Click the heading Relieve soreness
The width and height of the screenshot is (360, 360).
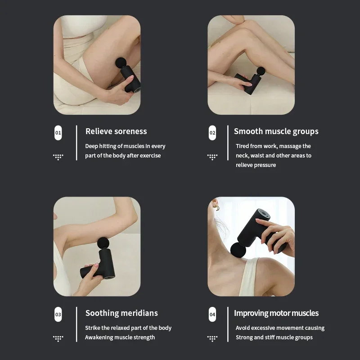(116, 131)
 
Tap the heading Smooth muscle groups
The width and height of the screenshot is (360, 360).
(276, 131)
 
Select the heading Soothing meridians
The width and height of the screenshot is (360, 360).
(121, 313)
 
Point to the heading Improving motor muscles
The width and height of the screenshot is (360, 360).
(276, 313)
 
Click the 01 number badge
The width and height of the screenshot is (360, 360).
(58, 133)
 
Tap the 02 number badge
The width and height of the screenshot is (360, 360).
(212, 133)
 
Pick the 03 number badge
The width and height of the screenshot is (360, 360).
(58, 315)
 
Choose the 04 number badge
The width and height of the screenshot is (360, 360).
(212, 315)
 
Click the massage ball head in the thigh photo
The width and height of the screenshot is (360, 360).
(121, 63)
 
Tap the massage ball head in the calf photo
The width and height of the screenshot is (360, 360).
(261, 71)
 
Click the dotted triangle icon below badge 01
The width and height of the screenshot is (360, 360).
(58, 157)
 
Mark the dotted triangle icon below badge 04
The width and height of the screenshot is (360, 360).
(212, 338)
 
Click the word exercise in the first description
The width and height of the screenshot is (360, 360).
(150, 156)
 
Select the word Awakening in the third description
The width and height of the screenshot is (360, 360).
(99, 337)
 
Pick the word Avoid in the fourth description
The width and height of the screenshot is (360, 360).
(243, 328)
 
